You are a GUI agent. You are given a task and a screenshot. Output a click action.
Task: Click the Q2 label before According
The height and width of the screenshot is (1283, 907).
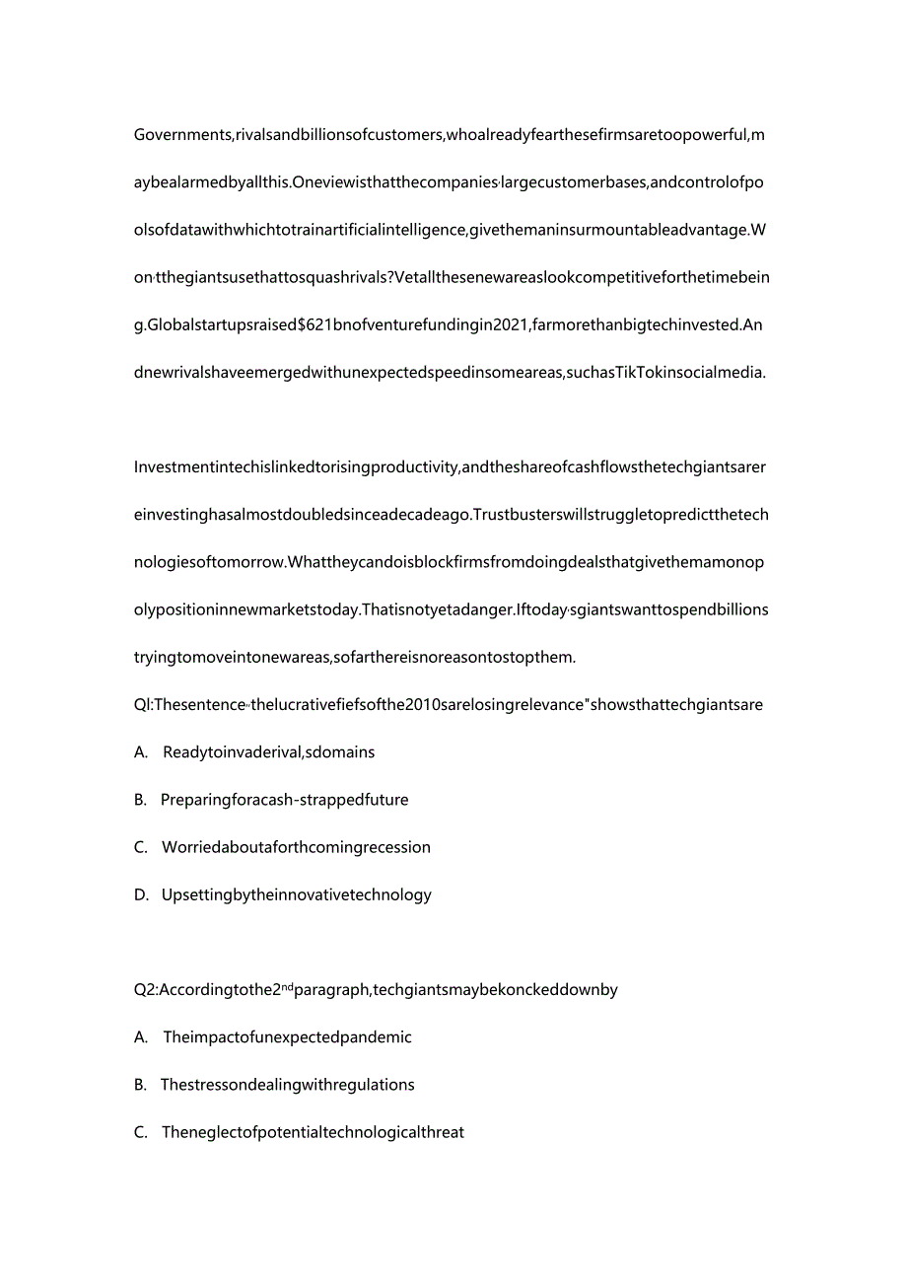[145, 990]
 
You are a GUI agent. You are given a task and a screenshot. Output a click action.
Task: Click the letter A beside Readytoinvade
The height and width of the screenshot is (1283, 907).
[139, 752]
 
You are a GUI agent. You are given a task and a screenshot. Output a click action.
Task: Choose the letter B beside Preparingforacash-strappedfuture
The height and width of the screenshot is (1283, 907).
[139, 800]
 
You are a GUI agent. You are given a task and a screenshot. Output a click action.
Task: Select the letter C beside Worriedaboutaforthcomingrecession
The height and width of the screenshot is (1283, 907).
[140, 847]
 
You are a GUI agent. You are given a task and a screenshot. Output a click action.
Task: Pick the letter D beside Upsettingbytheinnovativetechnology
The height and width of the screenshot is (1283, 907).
[140, 895]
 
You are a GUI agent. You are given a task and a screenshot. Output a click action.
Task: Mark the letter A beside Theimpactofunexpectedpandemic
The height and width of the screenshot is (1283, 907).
[139, 1037]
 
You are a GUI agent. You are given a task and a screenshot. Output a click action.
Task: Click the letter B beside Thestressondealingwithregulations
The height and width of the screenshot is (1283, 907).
[139, 1085]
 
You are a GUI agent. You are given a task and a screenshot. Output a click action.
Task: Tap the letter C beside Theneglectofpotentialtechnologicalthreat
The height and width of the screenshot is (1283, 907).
[140, 1132]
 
